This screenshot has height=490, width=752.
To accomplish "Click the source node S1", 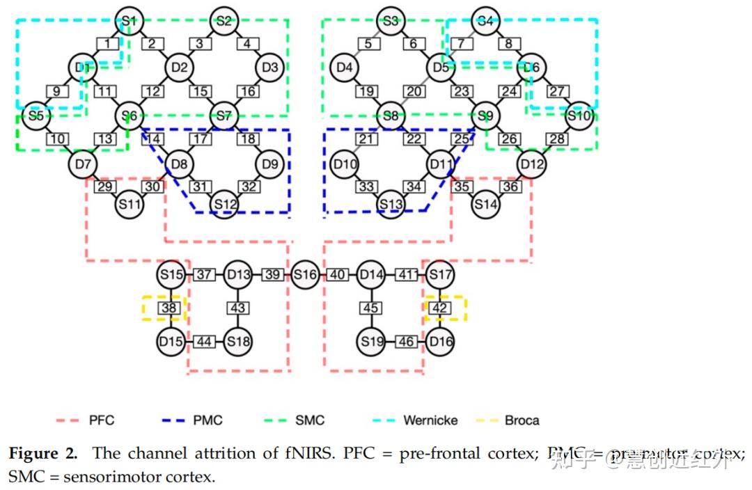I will [x=130, y=20].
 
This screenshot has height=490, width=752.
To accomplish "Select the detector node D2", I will [x=179, y=68].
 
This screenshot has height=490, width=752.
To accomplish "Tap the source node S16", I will [x=305, y=276].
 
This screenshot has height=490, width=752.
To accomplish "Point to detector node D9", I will [x=270, y=165].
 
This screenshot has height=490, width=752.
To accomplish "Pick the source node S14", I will [x=485, y=205].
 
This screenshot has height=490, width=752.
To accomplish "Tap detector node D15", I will [x=170, y=342].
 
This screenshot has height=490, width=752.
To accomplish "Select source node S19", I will [x=372, y=342].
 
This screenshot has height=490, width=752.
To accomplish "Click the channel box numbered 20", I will [x=415, y=91].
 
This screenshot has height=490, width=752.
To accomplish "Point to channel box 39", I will [x=273, y=276].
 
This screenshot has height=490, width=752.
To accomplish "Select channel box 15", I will [x=201, y=91].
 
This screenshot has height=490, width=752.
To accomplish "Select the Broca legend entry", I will [x=508, y=420].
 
